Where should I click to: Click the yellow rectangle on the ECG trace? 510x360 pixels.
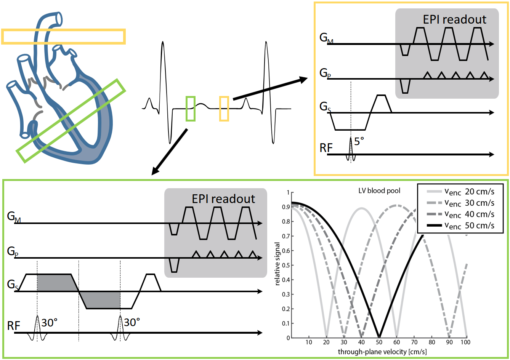[224, 109]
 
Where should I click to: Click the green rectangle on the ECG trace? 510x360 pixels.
[191, 109]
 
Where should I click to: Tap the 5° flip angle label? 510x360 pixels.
[359, 142]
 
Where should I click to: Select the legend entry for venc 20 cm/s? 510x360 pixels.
[469, 192]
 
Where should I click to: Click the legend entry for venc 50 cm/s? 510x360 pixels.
[469, 226]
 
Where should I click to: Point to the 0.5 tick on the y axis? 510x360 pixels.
[285, 265]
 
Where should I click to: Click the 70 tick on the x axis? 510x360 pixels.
[414, 342]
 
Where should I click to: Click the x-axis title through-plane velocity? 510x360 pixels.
[382, 352]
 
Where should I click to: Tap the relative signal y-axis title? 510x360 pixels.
[277, 264]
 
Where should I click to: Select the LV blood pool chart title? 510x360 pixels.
[379, 190]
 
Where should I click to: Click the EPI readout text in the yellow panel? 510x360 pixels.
[454, 20]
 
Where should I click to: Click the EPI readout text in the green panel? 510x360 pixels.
[223, 199]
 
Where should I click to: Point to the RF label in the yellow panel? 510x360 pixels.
[326, 148]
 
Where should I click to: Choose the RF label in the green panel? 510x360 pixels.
[14, 326]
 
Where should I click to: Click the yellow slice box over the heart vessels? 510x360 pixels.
[63, 36]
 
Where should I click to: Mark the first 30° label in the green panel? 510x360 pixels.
[50, 323]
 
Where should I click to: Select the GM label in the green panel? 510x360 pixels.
[13, 217]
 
